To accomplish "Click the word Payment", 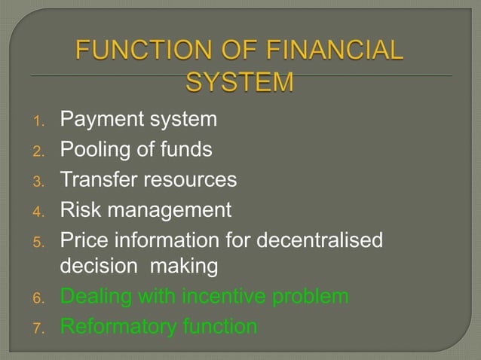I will tap(94, 120).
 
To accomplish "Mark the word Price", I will tap(81, 239).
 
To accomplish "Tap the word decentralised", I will tap(320, 239).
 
